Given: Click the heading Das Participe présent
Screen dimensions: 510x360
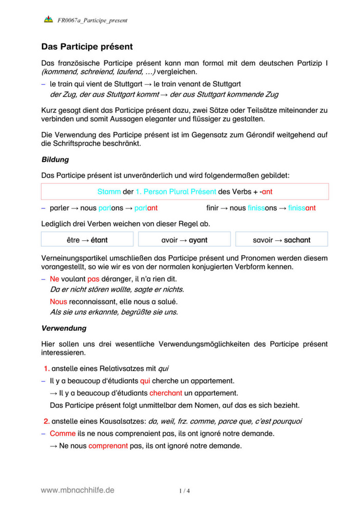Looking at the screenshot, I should pyautogui.click(x=87, y=46).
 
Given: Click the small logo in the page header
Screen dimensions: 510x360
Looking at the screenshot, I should pyautogui.click(x=48, y=20).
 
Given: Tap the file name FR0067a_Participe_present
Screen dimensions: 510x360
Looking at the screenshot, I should pyautogui.click(x=92, y=21).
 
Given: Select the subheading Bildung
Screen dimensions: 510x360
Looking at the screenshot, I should pyautogui.click(x=55, y=160).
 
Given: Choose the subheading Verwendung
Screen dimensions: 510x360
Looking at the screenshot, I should pyautogui.click(x=63, y=328).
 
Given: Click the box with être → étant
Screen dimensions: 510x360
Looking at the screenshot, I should pyautogui.click(x=87, y=240).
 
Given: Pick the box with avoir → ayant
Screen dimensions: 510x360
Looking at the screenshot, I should pyautogui.click(x=184, y=240).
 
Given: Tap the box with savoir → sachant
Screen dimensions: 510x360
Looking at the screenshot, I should pyautogui.click(x=281, y=240).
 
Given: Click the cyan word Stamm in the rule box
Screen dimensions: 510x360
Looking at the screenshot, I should pyautogui.click(x=109, y=192).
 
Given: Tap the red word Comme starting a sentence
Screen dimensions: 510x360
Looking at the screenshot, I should pyautogui.click(x=62, y=433).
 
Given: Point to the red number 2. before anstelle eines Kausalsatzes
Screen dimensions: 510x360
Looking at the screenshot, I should pyautogui.click(x=47, y=421).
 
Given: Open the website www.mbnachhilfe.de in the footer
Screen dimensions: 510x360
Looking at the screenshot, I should pyautogui.click(x=78, y=490).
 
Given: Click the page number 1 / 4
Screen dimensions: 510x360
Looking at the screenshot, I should pyautogui.click(x=184, y=491).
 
